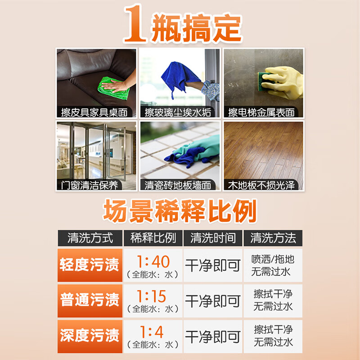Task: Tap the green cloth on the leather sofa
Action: pos(113,88)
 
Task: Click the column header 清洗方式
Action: pos(90,238)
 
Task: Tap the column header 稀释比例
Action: pos(153,238)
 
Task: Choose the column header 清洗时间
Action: pos(213,238)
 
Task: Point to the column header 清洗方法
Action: pos(273,238)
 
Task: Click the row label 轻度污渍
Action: pos(90,265)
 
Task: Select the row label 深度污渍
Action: pos(90,335)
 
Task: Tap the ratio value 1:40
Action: pos(153,261)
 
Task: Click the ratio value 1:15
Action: pos(153,297)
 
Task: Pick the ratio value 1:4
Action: pos(153,332)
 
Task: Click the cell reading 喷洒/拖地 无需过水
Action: pos(273,265)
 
